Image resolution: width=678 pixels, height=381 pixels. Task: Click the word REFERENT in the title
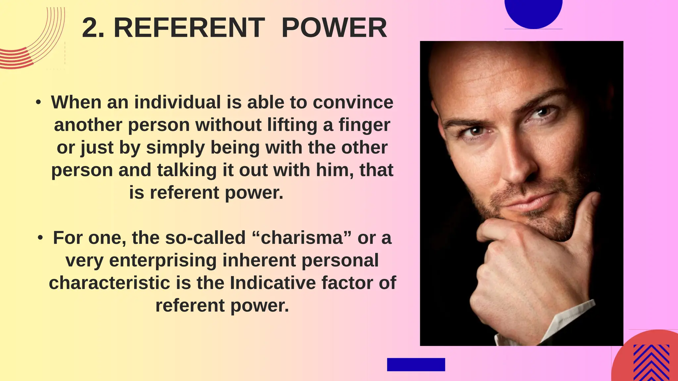click(x=189, y=28)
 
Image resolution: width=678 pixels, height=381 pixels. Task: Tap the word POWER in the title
click(x=334, y=28)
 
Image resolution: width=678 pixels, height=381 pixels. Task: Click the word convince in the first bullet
click(x=353, y=102)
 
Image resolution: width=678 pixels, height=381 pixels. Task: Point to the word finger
click(x=364, y=125)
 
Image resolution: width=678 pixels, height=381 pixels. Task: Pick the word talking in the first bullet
click(x=186, y=170)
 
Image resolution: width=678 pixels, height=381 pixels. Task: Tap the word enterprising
click(x=163, y=260)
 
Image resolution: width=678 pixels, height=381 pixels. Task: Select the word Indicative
click(x=273, y=283)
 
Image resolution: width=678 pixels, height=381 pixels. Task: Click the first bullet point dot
click(x=39, y=103)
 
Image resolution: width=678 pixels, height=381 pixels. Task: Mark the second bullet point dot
click(x=40, y=238)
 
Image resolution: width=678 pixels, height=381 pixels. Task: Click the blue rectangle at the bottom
click(x=416, y=364)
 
